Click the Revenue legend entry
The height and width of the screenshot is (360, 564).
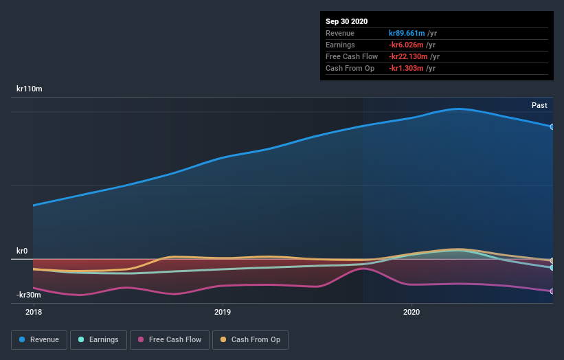tap(40, 339)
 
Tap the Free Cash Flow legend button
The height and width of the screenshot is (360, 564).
tap(169, 339)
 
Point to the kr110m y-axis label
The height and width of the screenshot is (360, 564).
tap(30, 89)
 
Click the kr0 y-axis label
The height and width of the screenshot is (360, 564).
tap(22, 251)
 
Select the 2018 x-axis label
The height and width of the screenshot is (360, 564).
tap(33, 312)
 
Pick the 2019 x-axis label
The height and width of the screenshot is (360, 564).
tap(222, 312)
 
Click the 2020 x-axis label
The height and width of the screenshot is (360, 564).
tap(411, 312)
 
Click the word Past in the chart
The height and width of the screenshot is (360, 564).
tap(539, 105)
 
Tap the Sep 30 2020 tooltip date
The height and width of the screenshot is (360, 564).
tap(346, 21)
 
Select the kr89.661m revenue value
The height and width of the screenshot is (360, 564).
tap(407, 33)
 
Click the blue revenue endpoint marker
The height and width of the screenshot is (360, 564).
tap(552, 126)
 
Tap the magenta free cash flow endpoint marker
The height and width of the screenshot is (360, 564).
tap(552, 291)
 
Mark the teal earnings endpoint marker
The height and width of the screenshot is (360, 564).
tap(552, 268)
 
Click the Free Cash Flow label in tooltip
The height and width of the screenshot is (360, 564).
tap(352, 56)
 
